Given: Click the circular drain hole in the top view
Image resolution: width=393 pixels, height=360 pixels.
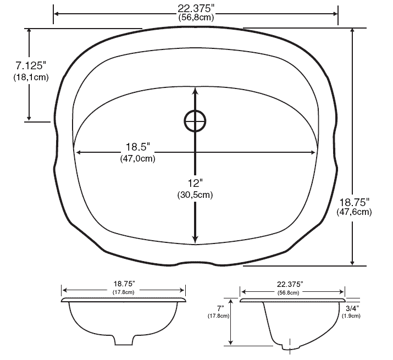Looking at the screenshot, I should (x=195, y=121).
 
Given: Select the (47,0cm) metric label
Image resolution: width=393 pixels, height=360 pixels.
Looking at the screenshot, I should (x=137, y=159).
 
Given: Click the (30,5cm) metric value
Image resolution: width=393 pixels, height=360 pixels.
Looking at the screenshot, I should (x=195, y=195).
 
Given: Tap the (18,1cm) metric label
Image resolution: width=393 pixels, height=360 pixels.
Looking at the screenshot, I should (x=31, y=77).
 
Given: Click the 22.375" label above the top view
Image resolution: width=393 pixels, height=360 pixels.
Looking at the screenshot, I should (x=196, y=8).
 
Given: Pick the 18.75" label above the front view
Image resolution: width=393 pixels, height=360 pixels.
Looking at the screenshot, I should (x=124, y=284).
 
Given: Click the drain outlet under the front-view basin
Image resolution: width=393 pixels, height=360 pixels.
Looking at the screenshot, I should (x=124, y=340).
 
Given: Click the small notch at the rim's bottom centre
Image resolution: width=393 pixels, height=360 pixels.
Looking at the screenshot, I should (x=195, y=263).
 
